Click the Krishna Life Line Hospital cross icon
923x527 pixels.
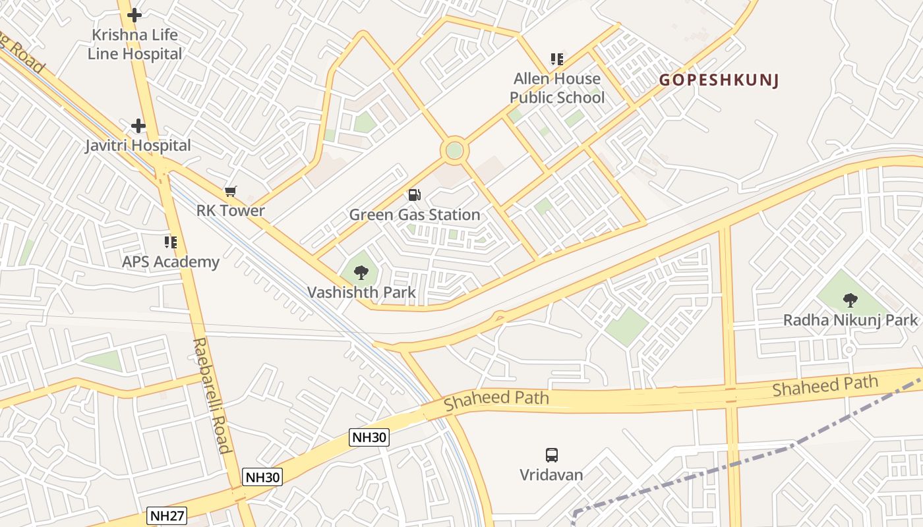pos(134,15)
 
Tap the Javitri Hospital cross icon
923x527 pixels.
pos(138,125)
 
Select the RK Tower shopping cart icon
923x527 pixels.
pos(230,191)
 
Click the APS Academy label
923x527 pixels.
pos(171,262)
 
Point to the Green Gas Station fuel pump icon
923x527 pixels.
pos(414,194)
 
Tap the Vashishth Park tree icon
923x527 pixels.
pos(361,271)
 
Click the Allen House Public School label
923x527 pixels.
pos(557,88)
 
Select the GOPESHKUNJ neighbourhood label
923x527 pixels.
pos(719,80)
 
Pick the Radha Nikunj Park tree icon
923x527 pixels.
pos(850,300)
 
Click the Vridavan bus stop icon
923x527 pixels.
pos(551,455)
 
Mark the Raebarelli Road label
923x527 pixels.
pos(211,395)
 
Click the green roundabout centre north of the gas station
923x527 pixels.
pos(454,150)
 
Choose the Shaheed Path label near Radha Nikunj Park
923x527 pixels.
pos(825,385)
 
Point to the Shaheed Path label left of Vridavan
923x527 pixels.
pos(496,398)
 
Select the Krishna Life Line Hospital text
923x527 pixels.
pos(134,44)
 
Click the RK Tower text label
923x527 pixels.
pos(231,211)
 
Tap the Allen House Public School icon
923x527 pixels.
pos(557,59)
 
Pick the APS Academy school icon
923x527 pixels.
pos(171,242)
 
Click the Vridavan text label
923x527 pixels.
pos(551,474)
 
